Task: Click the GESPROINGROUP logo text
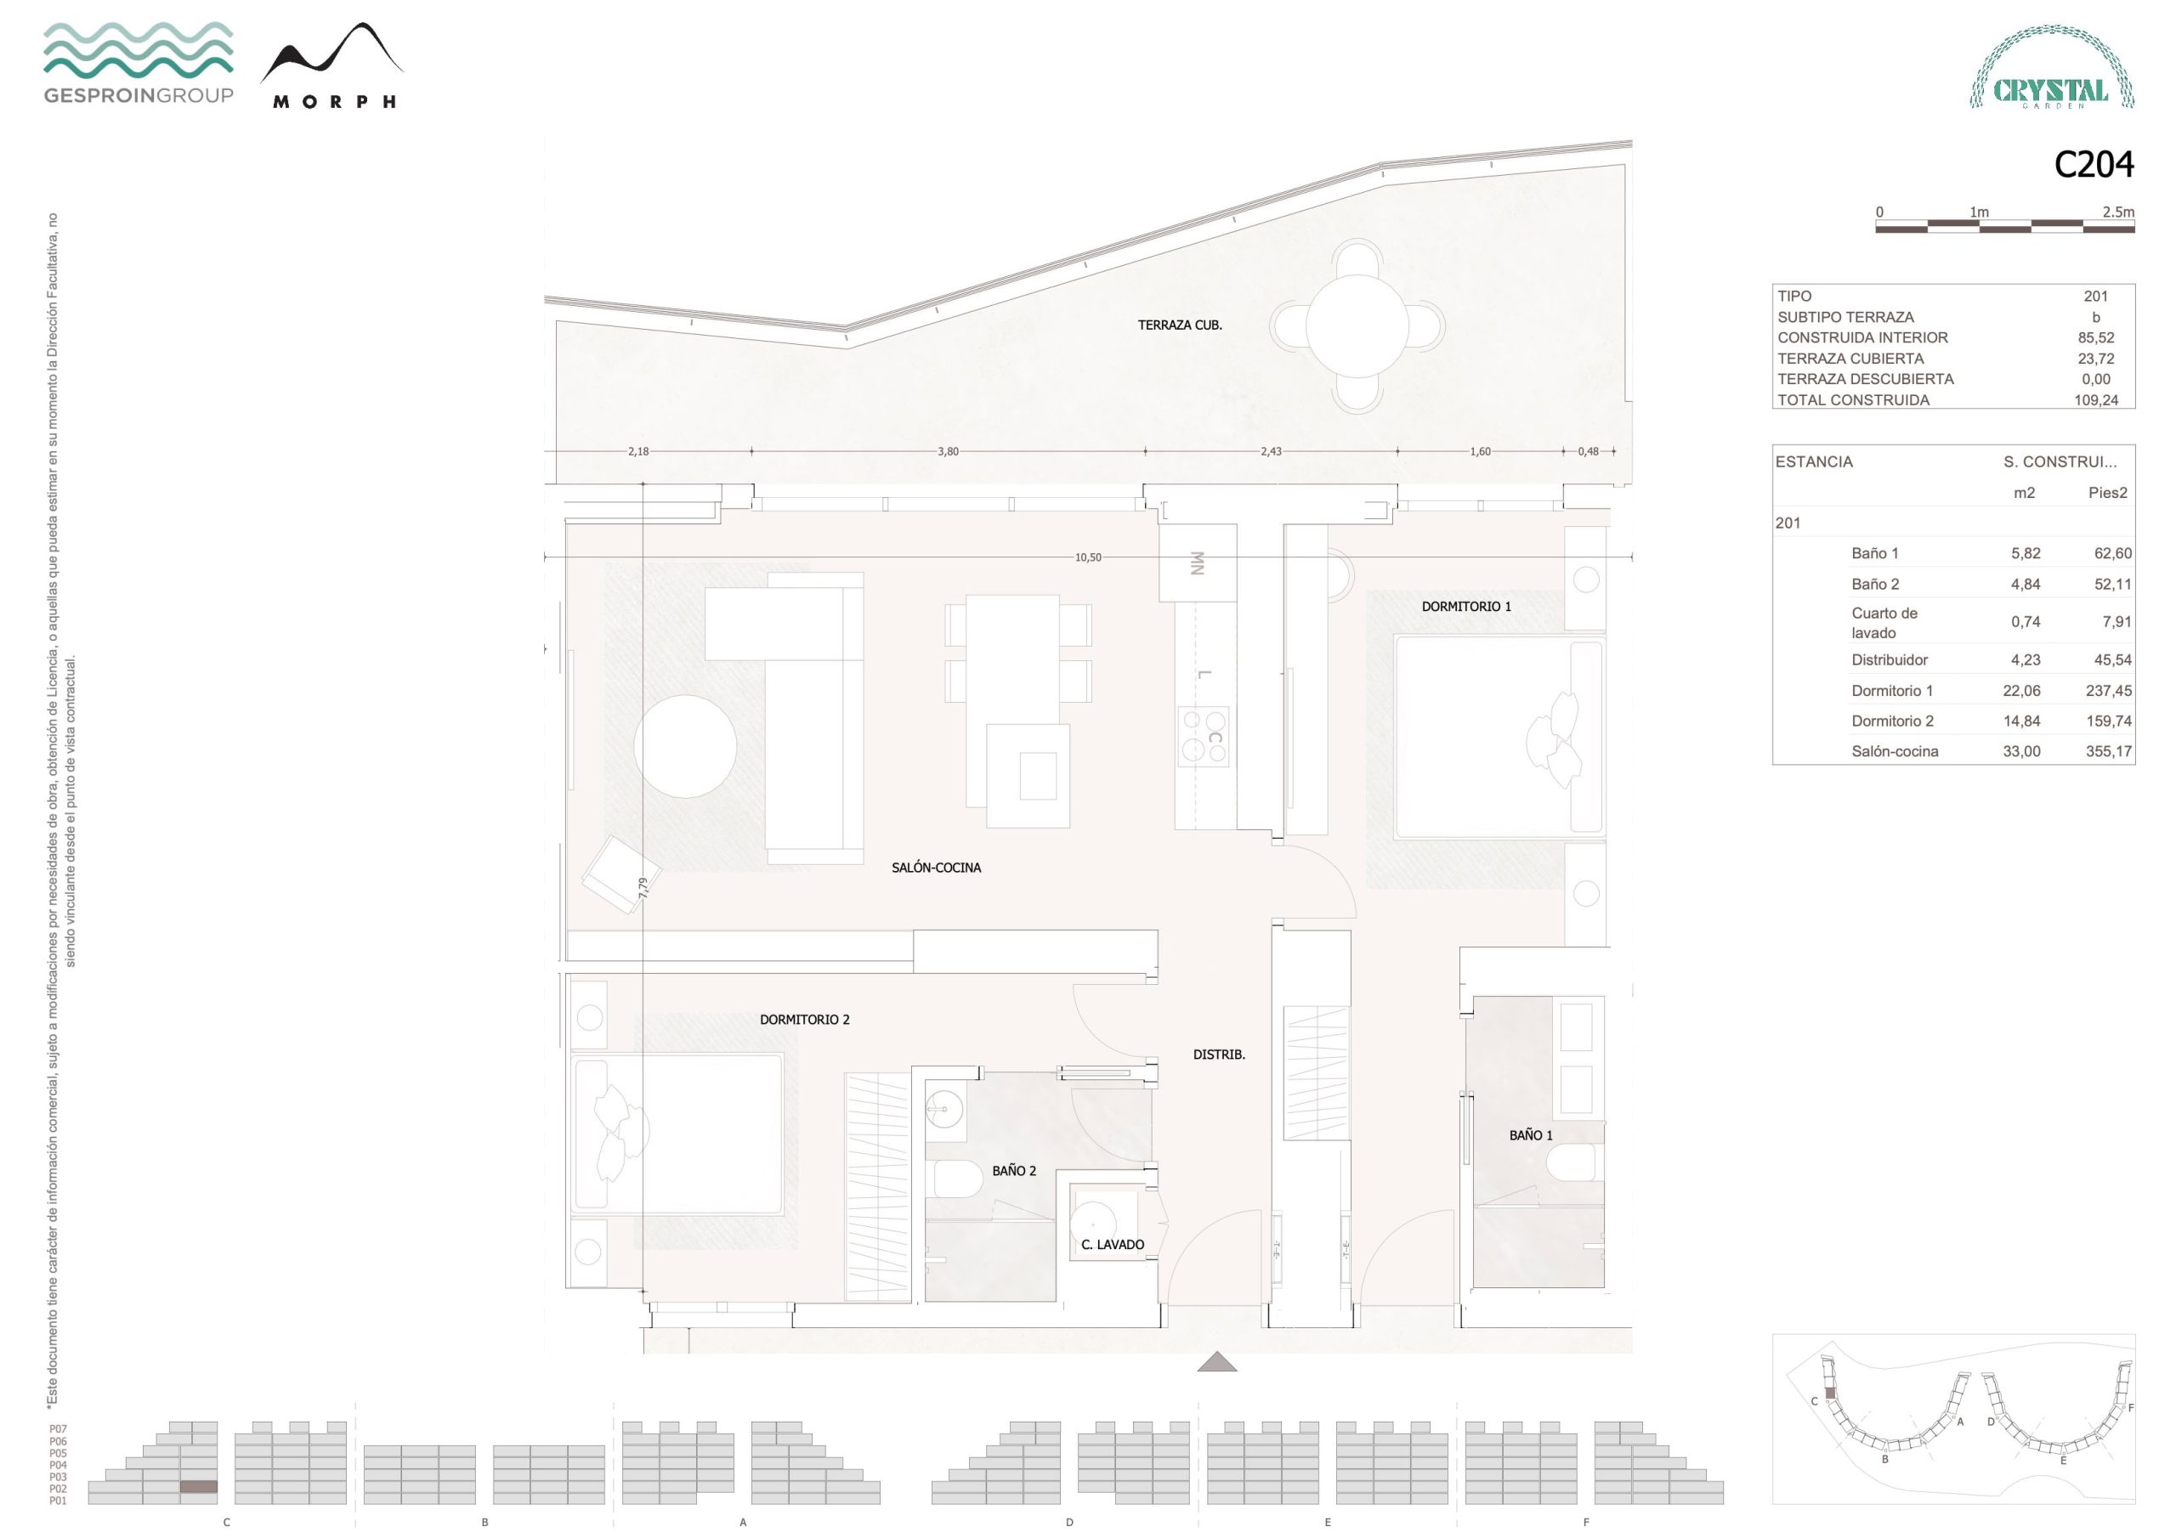pos(139,95)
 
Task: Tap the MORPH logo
pos(331,66)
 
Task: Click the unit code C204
pos(2094,165)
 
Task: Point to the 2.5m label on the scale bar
pos(2118,212)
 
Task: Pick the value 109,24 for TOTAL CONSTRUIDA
pos(2095,400)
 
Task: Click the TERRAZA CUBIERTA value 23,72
pos(2095,359)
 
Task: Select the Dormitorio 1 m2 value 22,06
pos(2021,691)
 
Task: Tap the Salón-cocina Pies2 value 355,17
pos(2109,751)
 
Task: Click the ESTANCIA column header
pos(1814,461)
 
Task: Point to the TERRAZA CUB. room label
pos(1180,325)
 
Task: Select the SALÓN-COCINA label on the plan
pos(937,867)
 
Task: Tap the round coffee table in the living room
pos(685,746)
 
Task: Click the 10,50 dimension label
pos(1088,557)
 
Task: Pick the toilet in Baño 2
pos(958,1179)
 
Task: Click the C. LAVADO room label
pos(1113,1244)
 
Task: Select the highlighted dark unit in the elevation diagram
pos(199,1487)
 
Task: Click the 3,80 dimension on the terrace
pos(948,451)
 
